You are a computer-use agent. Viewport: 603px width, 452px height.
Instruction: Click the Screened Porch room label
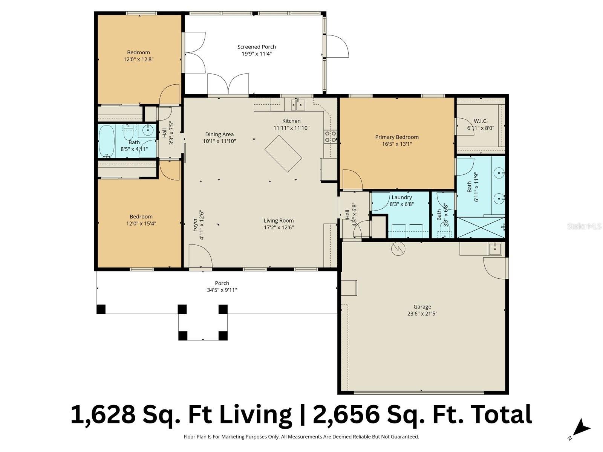point(256,47)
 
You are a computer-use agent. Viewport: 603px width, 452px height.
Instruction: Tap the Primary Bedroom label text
point(396,137)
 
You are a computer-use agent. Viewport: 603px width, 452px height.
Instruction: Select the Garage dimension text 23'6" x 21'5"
point(422,313)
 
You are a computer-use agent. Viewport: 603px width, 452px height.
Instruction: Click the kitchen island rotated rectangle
point(283,153)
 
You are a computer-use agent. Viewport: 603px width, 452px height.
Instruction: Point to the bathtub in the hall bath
point(107,142)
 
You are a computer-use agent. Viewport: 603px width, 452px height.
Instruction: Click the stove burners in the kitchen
point(330,136)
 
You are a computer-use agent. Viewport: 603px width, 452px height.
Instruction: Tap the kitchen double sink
point(298,104)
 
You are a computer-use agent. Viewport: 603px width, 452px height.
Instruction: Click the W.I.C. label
point(480,121)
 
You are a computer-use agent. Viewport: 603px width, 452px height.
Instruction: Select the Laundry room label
point(401,197)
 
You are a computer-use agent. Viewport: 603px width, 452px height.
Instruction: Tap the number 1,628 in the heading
point(103,414)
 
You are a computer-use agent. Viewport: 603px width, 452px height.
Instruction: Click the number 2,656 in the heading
point(346,414)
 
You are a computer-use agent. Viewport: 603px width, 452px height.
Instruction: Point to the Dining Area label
point(219,134)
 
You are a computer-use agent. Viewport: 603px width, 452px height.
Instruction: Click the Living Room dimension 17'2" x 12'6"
point(279,227)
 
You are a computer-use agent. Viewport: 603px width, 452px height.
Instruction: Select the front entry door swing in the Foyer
point(200,256)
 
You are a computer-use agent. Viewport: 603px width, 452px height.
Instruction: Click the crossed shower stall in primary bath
point(480,227)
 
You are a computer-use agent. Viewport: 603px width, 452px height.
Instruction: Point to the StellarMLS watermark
point(584,226)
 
